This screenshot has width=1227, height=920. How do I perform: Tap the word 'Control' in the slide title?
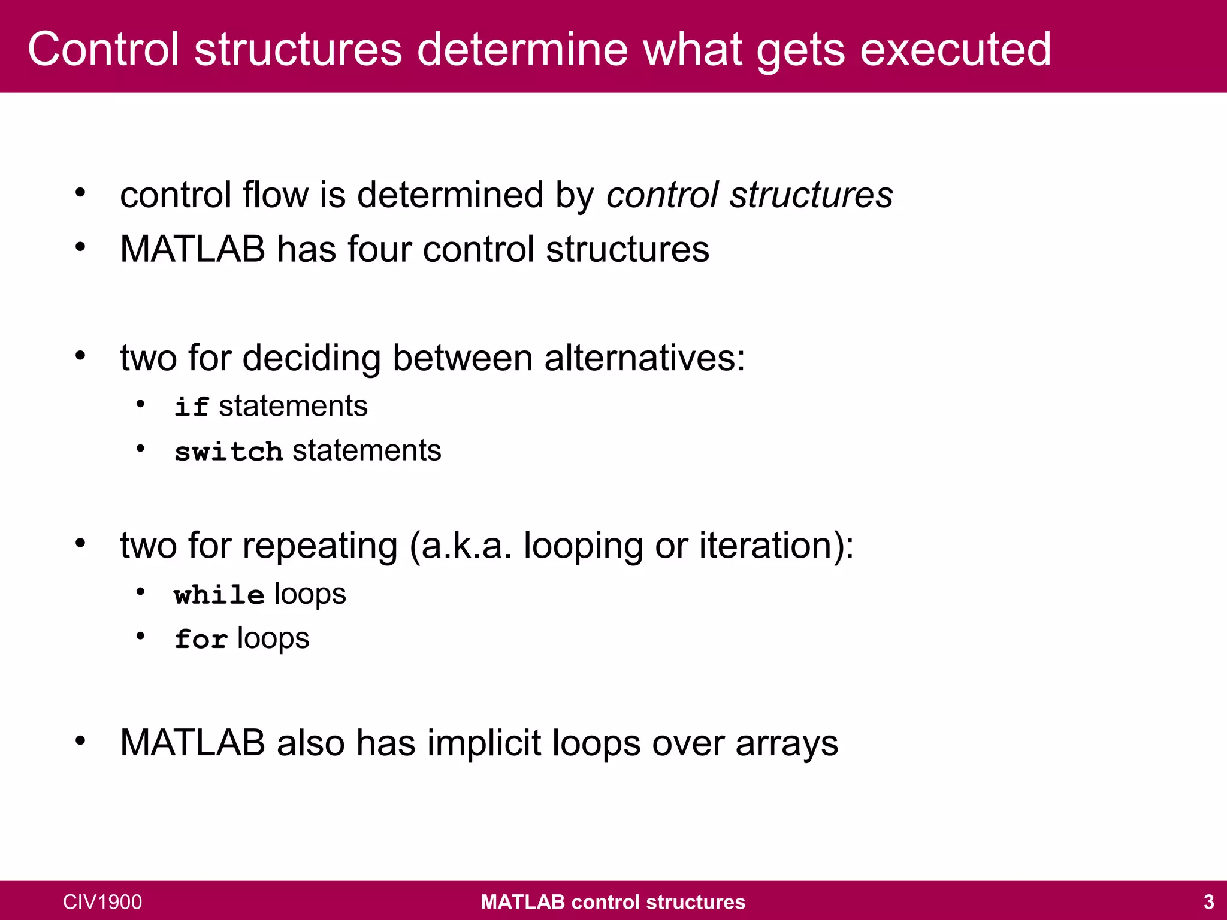(x=103, y=49)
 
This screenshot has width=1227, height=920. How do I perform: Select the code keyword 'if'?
(x=191, y=407)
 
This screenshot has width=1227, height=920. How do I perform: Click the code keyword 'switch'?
(x=228, y=451)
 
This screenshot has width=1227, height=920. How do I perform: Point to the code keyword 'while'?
(x=219, y=595)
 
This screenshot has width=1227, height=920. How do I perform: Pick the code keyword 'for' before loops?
(x=201, y=639)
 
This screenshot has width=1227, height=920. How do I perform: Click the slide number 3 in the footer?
(x=1208, y=901)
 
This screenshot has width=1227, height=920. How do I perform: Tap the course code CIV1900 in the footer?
(x=102, y=901)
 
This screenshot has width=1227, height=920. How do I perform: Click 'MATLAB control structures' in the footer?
(x=613, y=901)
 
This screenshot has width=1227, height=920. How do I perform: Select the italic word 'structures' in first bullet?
(x=811, y=195)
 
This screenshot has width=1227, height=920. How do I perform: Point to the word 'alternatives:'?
(x=644, y=358)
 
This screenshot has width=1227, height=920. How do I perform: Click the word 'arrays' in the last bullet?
(x=786, y=745)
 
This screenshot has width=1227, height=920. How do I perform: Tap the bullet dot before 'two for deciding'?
(x=80, y=356)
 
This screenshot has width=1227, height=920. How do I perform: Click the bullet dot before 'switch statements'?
(x=140, y=449)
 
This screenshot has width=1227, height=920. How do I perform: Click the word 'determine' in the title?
(x=522, y=49)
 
